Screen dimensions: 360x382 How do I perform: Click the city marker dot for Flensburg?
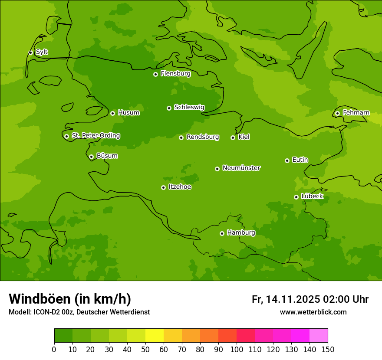click(x=155, y=74)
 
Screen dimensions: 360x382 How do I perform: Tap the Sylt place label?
click(x=42, y=52)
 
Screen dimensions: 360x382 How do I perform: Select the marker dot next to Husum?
click(x=112, y=113)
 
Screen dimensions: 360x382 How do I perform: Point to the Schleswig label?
click(x=189, y=107)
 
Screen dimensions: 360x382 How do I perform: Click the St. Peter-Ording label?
click(x=95, y=136)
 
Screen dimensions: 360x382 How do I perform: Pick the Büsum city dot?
click(x=91, y=157)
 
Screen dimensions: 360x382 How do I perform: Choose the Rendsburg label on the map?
click(x=203, y=137)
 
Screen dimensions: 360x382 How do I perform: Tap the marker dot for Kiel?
click(x=233, y=137)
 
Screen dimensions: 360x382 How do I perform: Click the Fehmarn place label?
click(x=356, y=113)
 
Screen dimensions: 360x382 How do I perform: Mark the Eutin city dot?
click(x=287, y=160)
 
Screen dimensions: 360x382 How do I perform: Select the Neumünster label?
click(x=241, y=168)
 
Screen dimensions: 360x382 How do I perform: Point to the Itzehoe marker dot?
click(x=163, y=187)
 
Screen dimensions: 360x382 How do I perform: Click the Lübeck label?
click(x=312, y=196)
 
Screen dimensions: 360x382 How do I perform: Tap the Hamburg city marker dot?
click(x=222, y=233)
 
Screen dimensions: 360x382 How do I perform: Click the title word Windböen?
click(x=39, y=299)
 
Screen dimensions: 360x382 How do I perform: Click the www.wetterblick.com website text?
click(x=313, y=312)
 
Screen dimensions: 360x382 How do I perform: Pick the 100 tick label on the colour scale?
click(x=237, y=349)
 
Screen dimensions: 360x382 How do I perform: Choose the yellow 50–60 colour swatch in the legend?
click(x=155, y=336)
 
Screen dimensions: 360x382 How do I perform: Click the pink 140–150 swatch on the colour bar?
click(x=319, y=336)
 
